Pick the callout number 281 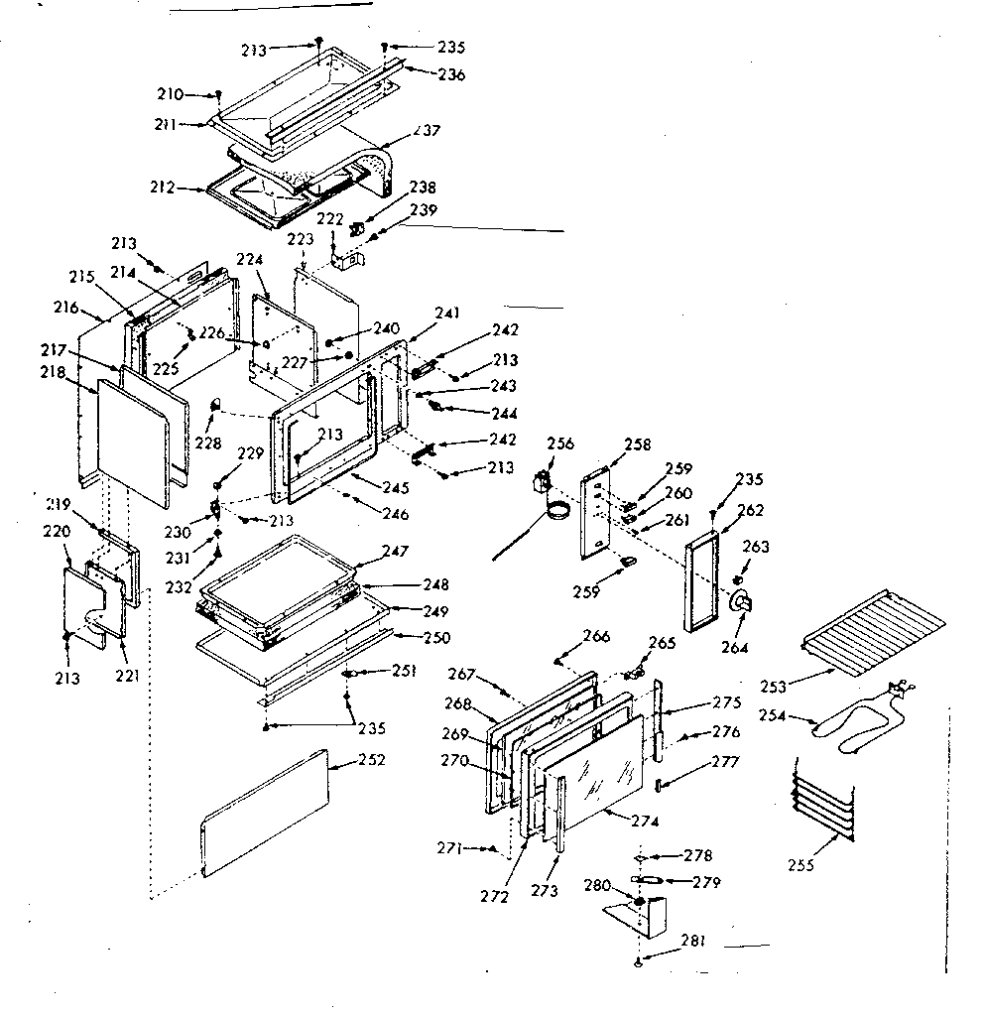(x=693, y=942)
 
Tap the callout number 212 (x=164, y=186)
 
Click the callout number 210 (x=170, y=94)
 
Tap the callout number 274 (x=644, y=821)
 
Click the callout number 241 (x=447, y=314)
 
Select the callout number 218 (x=53, y=372)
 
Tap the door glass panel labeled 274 (x=595, y=769)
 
